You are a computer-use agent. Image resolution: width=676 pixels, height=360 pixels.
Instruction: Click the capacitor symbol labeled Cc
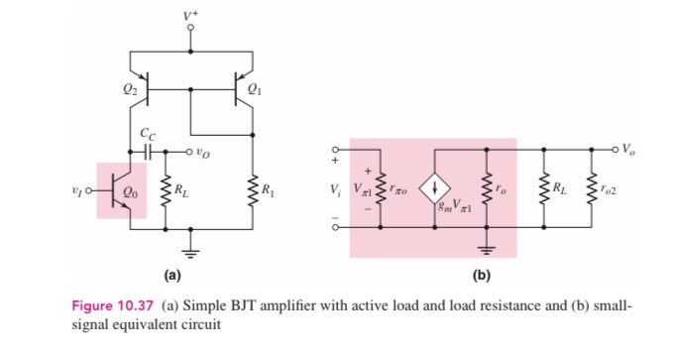point(149,153)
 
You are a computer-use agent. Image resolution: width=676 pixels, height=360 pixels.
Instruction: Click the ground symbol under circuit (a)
point(190,244)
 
